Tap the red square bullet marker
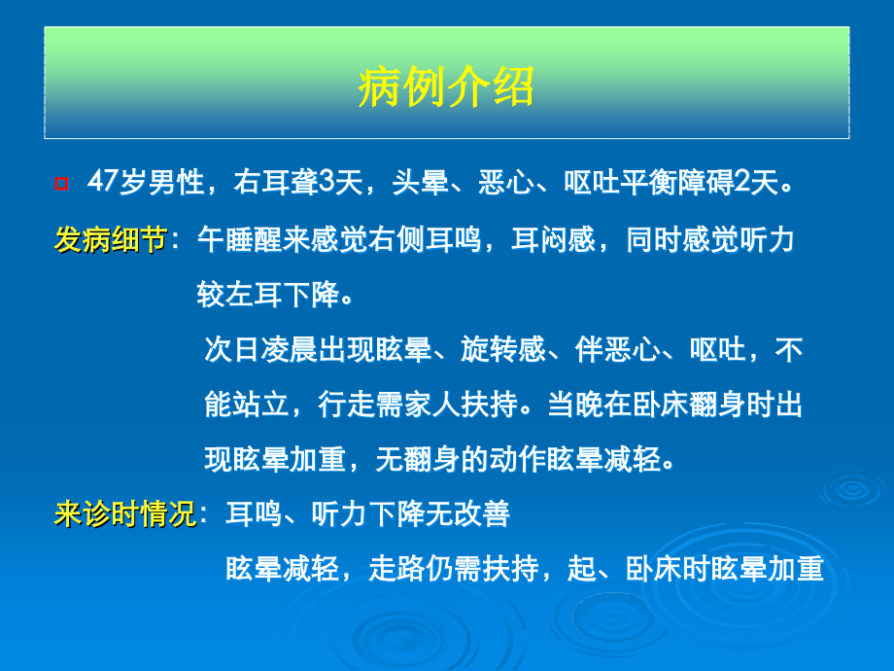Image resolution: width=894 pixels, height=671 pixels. pos(62,183)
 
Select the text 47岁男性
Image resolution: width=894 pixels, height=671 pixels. pos(145,182)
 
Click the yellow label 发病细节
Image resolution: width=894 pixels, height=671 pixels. pos(110,239)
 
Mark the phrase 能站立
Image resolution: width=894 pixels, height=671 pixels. pos(246,405)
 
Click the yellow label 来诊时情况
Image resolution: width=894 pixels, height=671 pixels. pos(125,513)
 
